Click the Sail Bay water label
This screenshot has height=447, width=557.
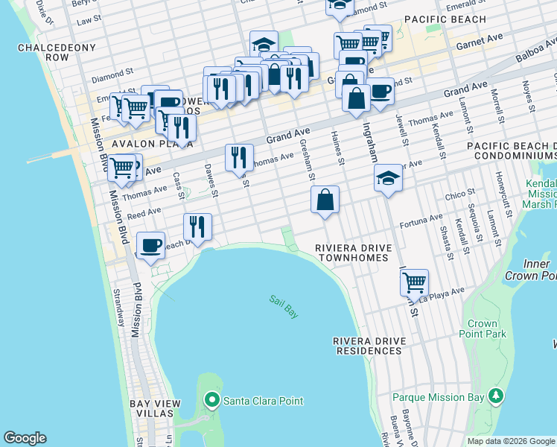(x=284, y=307)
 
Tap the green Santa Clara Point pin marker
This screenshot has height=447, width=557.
(x=212, y=401)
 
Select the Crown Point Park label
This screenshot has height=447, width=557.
(x=488, y=329)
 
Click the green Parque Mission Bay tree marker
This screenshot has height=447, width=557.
(x=494, y=396)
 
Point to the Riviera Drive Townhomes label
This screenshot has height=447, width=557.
(x=351, y=253)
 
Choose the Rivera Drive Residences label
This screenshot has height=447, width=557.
(x=369, y=346)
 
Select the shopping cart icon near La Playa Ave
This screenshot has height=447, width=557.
(x=413, y=282)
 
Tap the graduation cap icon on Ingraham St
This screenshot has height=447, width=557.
(x=387, y=179)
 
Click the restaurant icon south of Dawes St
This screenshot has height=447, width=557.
(x=197, y=226)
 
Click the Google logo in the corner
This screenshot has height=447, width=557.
(x=25, y=438)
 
